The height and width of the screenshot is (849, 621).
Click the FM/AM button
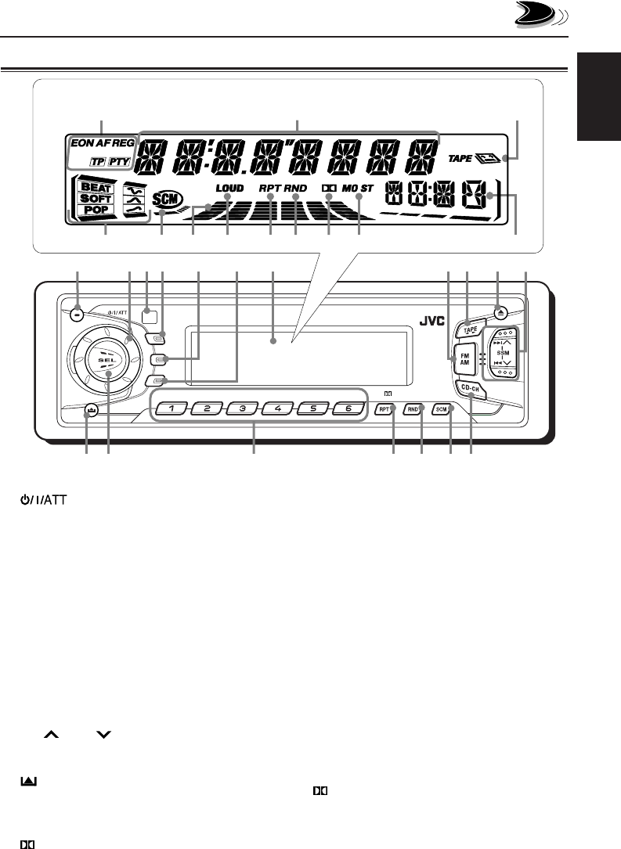(x=463, y=355)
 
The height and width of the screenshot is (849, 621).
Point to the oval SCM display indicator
(x=165, y=199)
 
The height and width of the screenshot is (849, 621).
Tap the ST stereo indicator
(x=368, y=188)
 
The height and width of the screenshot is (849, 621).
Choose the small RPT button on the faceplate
(x=385, y=409)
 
